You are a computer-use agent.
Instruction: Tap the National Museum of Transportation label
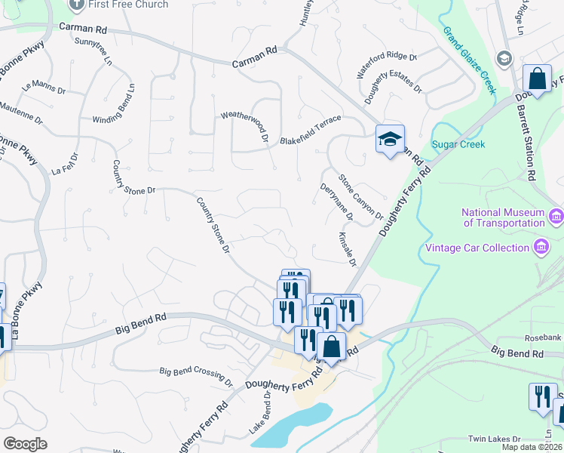click(x=503, y=217)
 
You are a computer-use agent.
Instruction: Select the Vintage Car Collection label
click(x=477, y=248)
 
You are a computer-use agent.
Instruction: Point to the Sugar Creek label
click(x=458, y=144)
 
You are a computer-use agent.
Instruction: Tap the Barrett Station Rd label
click(x=525, y=142)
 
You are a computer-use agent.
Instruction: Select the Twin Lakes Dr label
click(x=495, y=439)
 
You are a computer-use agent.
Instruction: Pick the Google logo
click(x=24, y=444)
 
